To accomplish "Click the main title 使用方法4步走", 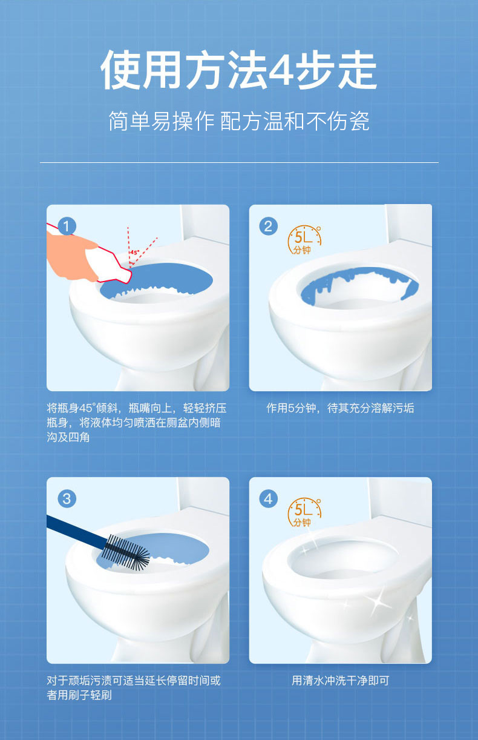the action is click(x=238, y=70).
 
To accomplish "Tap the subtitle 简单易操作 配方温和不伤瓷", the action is click(x=238, y=121).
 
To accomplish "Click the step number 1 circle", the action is click(x=67, y=226).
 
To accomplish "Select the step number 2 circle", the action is click(x=269, y=226).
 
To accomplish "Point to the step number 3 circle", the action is click(x=67, y=499).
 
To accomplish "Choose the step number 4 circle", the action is click(x=269, y=499).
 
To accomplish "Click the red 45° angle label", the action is click(x=134, y=252).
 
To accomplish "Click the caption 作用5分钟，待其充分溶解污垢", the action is click(x=340, y=408).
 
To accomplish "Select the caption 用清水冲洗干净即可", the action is click(x=340, y=681).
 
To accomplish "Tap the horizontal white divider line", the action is click(x=239, y=162).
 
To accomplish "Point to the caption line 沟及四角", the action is click(x=68, y=437).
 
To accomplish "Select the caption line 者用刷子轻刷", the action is click(x=79, y=695).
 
